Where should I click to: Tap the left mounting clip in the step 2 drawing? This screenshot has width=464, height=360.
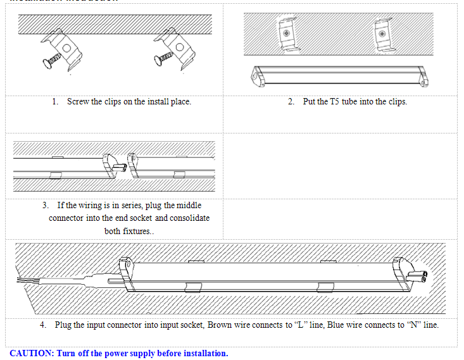tap(287, 34)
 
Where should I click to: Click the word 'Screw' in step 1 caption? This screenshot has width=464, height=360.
tap(78, 102)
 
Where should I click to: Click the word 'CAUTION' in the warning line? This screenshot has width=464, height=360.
tap(32, 353)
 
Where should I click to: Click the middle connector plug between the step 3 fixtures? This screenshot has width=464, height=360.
tap(119, 167)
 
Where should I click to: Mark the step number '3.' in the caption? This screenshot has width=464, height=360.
tap(46, 206)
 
